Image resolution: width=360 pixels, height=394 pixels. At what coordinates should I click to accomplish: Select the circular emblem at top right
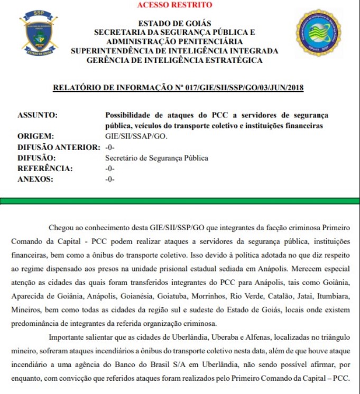coord(318,32)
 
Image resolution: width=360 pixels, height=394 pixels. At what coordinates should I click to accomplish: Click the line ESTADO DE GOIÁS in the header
coord(174,23)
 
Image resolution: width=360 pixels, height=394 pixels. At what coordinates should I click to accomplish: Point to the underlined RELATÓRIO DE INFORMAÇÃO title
coord(178,88)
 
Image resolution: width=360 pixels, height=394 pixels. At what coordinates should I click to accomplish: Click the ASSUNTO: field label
coord(38,115)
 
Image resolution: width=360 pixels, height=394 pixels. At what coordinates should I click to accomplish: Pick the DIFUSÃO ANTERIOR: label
coord(59,147)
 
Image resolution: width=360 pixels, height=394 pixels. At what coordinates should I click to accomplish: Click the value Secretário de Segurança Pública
coord(156,158)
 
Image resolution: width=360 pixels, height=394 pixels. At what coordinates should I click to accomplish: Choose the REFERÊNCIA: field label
coord(45,168)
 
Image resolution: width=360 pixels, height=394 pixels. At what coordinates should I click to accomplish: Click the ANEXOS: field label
coord(35,180)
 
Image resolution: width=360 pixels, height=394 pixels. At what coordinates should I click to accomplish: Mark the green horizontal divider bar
coord(180,201)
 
